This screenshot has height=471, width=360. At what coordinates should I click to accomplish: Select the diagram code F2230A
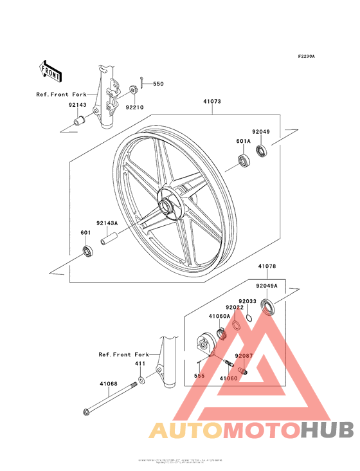[306, 57]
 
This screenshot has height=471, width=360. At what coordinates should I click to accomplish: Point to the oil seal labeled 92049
[262, 152]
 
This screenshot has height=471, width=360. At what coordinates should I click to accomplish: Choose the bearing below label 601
[86, 251]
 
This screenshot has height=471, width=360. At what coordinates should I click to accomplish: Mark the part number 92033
[248, 300]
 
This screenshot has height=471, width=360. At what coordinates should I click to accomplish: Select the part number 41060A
[219, 316]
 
